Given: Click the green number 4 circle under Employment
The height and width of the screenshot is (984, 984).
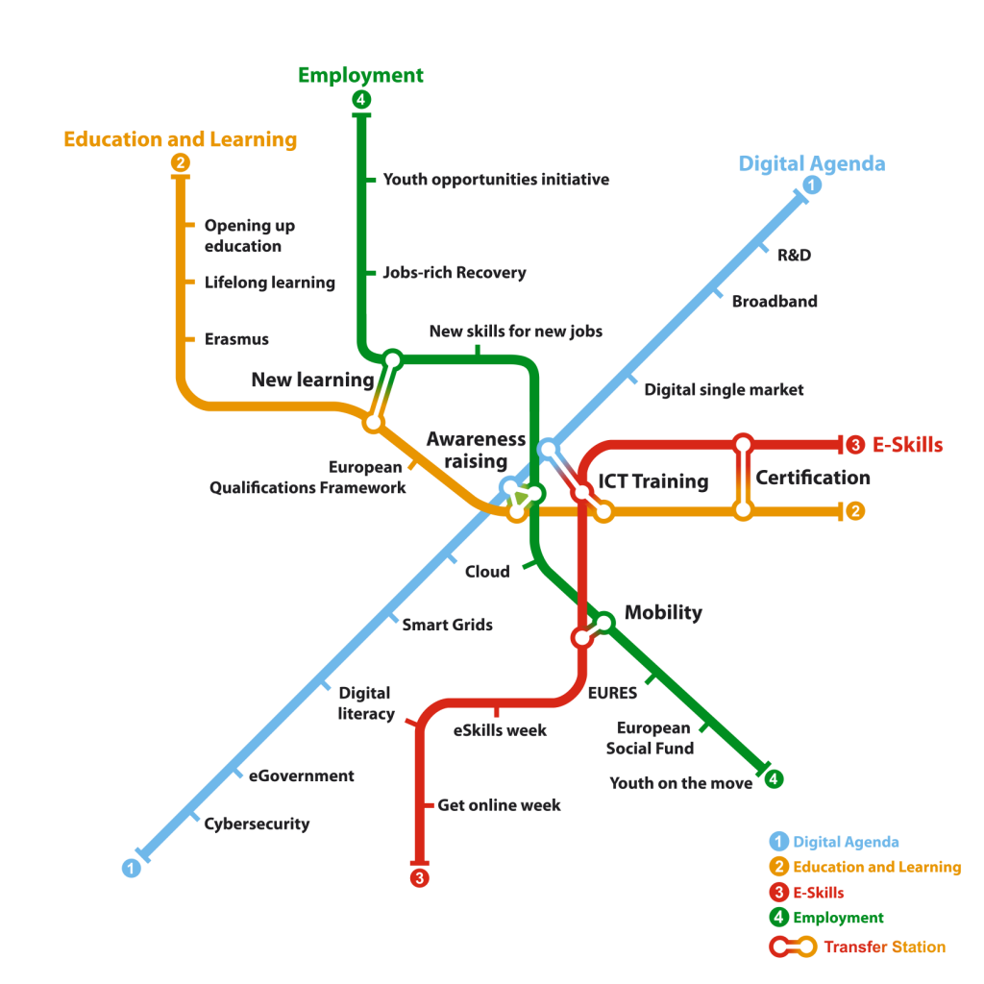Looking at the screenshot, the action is [x=361, y=99].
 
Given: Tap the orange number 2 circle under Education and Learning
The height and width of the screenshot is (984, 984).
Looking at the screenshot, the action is [x=180, y=162].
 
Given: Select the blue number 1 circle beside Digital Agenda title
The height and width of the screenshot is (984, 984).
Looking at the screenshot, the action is [x=812, y=184].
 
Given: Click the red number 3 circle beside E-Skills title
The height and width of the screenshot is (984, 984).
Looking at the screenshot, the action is [x=854, y=445].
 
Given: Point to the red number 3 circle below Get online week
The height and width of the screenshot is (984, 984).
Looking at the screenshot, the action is [x=419, y=878].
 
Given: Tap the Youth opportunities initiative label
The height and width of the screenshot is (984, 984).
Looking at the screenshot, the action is [x=496, y=180].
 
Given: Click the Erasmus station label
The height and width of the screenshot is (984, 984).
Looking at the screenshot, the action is [x=236, y=339].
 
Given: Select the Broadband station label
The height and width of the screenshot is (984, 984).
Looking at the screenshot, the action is [x=775, y=301].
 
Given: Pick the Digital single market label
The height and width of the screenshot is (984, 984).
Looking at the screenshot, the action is [x=724, y=390].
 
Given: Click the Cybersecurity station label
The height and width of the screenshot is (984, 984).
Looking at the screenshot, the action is [x=257, y=824].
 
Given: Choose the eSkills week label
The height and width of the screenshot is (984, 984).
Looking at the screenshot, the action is [x=500, y=730].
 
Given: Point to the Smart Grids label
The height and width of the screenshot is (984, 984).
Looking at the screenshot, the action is [x=447, y=625].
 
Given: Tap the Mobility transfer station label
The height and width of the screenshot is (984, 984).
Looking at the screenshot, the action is [x=663, y=612].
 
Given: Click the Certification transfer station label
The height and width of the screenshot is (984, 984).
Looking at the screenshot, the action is [x=813, y=478].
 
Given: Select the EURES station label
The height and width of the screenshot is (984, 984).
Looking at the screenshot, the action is [x=612, y=693].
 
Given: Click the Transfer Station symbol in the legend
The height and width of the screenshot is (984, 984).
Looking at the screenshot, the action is [x=793, y=947].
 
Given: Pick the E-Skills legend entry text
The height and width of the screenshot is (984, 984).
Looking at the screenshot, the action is [x=819, y=893].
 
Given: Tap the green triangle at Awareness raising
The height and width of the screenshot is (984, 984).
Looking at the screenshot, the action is [x=520, y=499].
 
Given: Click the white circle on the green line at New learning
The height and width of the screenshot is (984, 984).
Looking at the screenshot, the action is [x=392, y=360].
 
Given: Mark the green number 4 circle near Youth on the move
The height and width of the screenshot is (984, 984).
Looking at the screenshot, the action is [x=774, y=779].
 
